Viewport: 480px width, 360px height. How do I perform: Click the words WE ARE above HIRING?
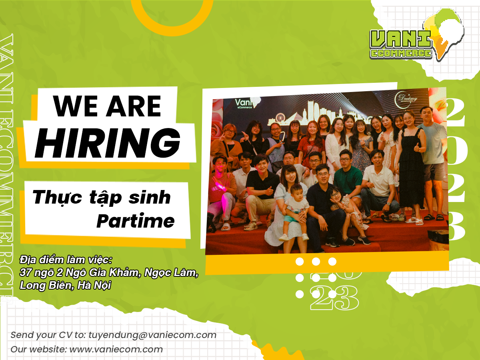pyautogui.click(x=107, y=106)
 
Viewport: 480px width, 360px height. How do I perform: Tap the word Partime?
pyautogui.click(x=136, y=221)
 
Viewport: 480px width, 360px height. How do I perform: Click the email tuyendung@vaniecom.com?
pyautogui.click(x=152, y=335)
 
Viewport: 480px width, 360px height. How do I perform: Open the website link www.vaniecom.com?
pyautogui.click(x=116, y=349)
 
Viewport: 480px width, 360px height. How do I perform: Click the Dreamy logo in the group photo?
pyautogui.click(x=406, y=100)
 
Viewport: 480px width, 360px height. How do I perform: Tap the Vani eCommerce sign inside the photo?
pyautogui.click(x=246, y=103)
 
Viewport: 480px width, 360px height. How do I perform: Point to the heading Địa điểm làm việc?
pyautogui.click(x=66, y=260)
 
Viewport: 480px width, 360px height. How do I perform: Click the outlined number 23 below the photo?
pyautogui.click(x=334, y=298)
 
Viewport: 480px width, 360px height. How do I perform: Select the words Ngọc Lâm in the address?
pyautogui.click(x=171, y=272)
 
